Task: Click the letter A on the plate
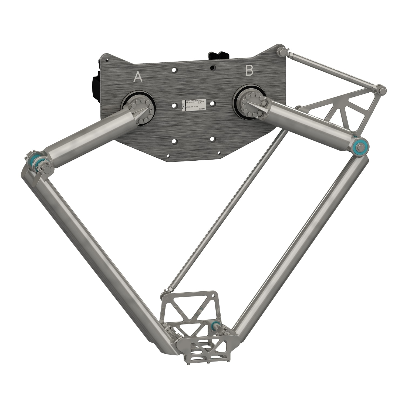[x=138, y=77]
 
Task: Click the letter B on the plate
[x=249, y=71]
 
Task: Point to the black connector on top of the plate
[x=219, y=56]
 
